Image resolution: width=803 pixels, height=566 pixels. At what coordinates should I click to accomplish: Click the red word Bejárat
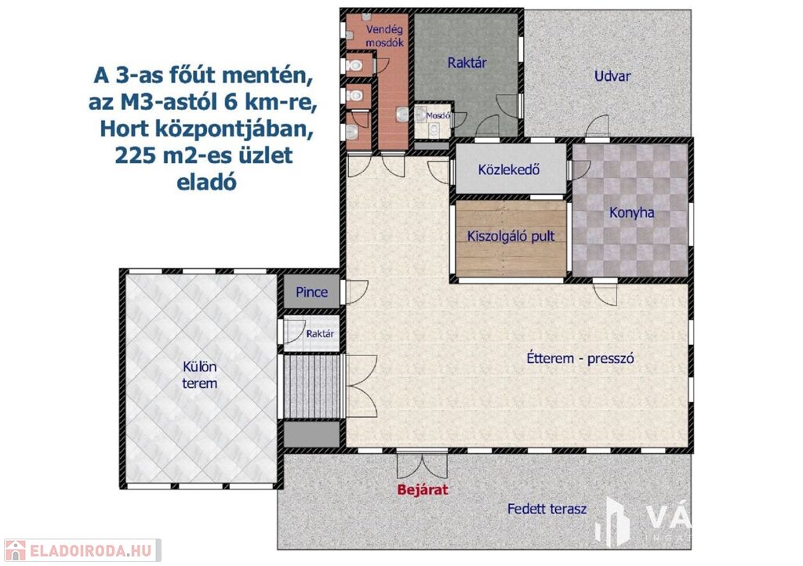coord(423,490)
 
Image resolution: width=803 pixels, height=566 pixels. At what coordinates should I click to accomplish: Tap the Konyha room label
coord(631,212)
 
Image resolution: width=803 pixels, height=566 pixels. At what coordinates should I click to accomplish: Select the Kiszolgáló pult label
coord(511,237)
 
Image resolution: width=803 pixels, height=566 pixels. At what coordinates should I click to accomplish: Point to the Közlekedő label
coord(508,169)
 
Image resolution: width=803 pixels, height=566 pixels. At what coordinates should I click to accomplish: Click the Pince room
coord(312,292)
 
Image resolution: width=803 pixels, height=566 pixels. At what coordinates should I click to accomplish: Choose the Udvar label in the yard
coord(612,76)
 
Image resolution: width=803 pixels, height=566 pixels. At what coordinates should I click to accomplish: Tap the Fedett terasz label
coord(547,510)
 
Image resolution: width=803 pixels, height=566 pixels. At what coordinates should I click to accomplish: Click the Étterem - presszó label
coord(580,358)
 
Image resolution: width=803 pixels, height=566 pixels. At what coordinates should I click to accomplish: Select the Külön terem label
coord(200,376)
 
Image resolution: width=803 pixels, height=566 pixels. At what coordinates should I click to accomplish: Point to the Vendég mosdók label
coord(384,36)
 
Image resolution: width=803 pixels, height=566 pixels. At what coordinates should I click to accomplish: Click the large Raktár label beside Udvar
coord(467,63)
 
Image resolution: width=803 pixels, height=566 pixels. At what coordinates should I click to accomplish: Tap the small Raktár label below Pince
coord(320,334)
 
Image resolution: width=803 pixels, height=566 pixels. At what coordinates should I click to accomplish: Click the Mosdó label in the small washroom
coord(438,116)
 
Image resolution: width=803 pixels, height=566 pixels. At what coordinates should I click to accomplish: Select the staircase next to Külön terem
coord(312,387)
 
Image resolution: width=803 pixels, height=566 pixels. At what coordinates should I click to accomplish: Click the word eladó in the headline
coord(207,182)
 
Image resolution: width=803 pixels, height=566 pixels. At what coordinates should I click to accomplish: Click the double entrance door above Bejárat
coord(423,465)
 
